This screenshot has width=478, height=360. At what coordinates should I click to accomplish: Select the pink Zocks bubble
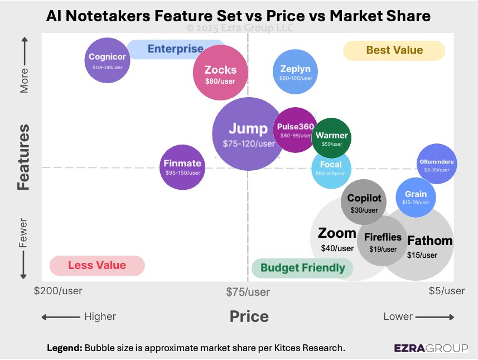[x=220, y=73]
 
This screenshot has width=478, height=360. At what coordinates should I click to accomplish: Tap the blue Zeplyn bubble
[x=295, y=72]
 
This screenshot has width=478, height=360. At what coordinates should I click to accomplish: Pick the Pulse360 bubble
[x=295, y=129]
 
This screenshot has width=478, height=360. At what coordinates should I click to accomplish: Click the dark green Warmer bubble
[x=332, y=138]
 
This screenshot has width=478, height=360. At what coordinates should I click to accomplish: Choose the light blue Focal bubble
[x=331, y=168]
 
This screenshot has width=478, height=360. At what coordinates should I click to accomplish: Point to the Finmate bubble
[x=182, y=166]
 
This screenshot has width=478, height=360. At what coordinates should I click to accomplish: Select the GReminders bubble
[x=437, y=164]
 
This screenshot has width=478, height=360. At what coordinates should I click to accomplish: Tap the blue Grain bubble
[x=415, y=196]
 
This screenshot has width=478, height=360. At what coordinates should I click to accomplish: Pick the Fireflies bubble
[x=383, y=241]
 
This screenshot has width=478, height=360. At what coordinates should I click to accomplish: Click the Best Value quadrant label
[x=394, y=50]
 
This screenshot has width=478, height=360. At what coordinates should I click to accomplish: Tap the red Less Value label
[x=97, y=266]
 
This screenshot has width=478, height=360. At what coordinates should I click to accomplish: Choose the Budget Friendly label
[x=303, y=268]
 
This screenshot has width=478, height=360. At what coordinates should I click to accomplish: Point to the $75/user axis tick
[x=248, y=291]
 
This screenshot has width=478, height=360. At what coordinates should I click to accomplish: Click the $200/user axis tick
[x=58, y=291]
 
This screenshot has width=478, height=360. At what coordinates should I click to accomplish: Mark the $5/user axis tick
[x=446, y=291]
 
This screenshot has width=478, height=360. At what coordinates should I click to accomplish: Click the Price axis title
[x=249, y=317]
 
